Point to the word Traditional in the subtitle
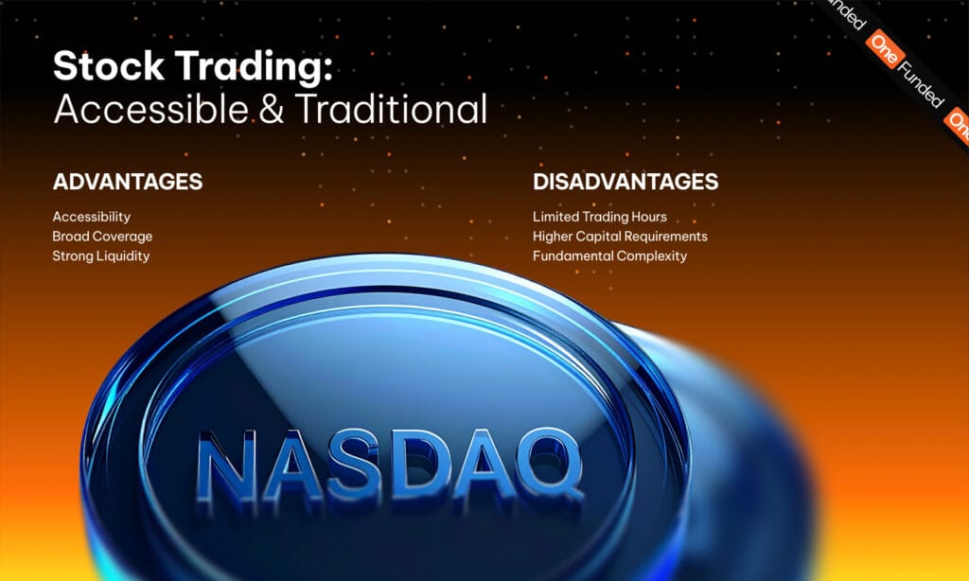pyautogui.click(x=391, y=110)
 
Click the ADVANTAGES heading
pyautogui.click(x=128, y=182)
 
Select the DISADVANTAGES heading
pyautogui.click(x=625, y=182)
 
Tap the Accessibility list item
pyautogui.click(x=92, y=217)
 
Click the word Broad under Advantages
pyautogui.click(x=71, y=237)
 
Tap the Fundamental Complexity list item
pyautogui.click(x=609, y=256)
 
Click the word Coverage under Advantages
pyautogui.click(x=122, y=237)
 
